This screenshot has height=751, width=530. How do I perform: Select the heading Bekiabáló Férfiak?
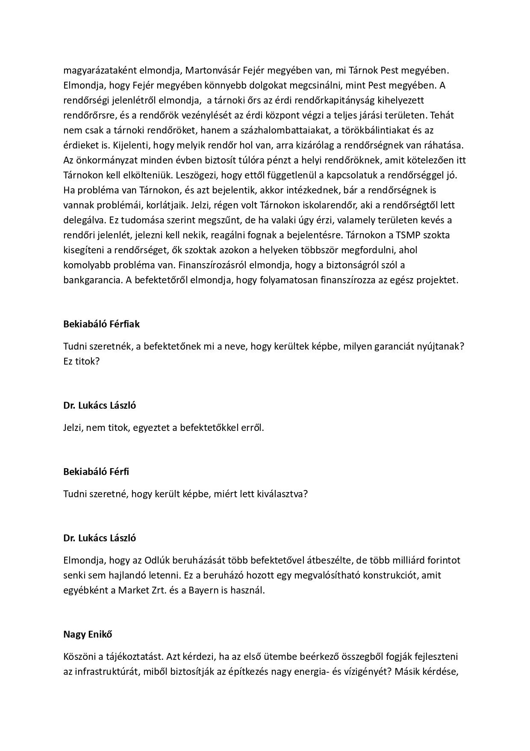coord(101,324)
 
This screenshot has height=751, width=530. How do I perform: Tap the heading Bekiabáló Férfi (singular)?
coord(96,472)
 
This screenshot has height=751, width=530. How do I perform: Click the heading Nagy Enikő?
coord(88,634)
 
